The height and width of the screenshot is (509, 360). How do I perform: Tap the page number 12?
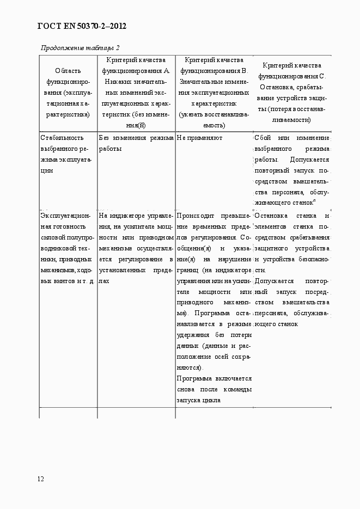(41, 479)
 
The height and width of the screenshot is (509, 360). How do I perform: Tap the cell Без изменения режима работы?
(136, 143)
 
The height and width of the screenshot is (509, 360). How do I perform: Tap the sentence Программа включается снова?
(213, 384)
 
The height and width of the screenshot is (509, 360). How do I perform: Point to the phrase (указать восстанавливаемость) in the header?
(214, 120)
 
